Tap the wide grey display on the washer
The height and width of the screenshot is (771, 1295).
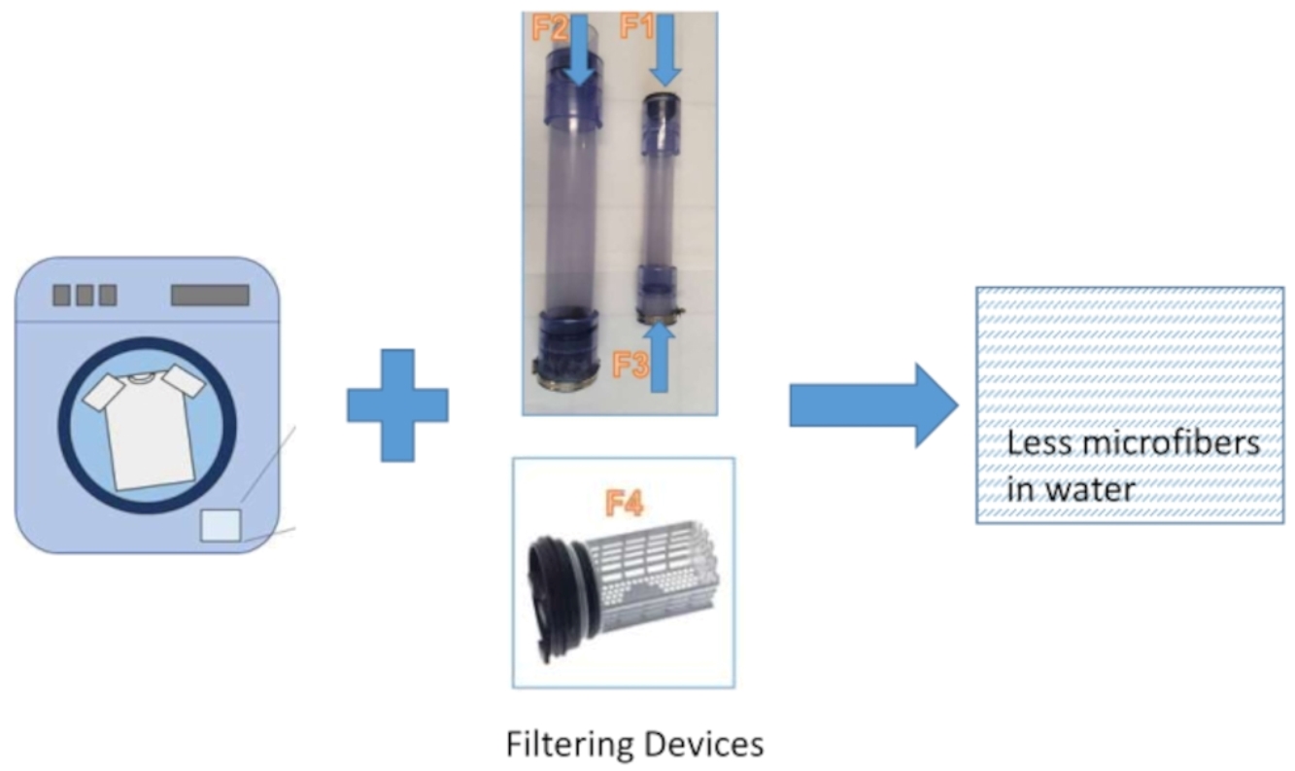click(x=210, y=295)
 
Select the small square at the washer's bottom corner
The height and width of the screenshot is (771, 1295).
click(x=220, y=525)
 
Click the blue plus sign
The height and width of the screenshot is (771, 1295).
click(x=397, y=405)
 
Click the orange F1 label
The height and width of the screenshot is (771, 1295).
click(x=637, y=27)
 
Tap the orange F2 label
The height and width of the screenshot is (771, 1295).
click(x=549, y=27)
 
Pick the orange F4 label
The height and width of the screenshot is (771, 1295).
click(x=624, y=504)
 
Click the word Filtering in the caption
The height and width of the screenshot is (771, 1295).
click(x=569, y=745)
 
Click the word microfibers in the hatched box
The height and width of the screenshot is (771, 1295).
click(x=1171, y=444)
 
